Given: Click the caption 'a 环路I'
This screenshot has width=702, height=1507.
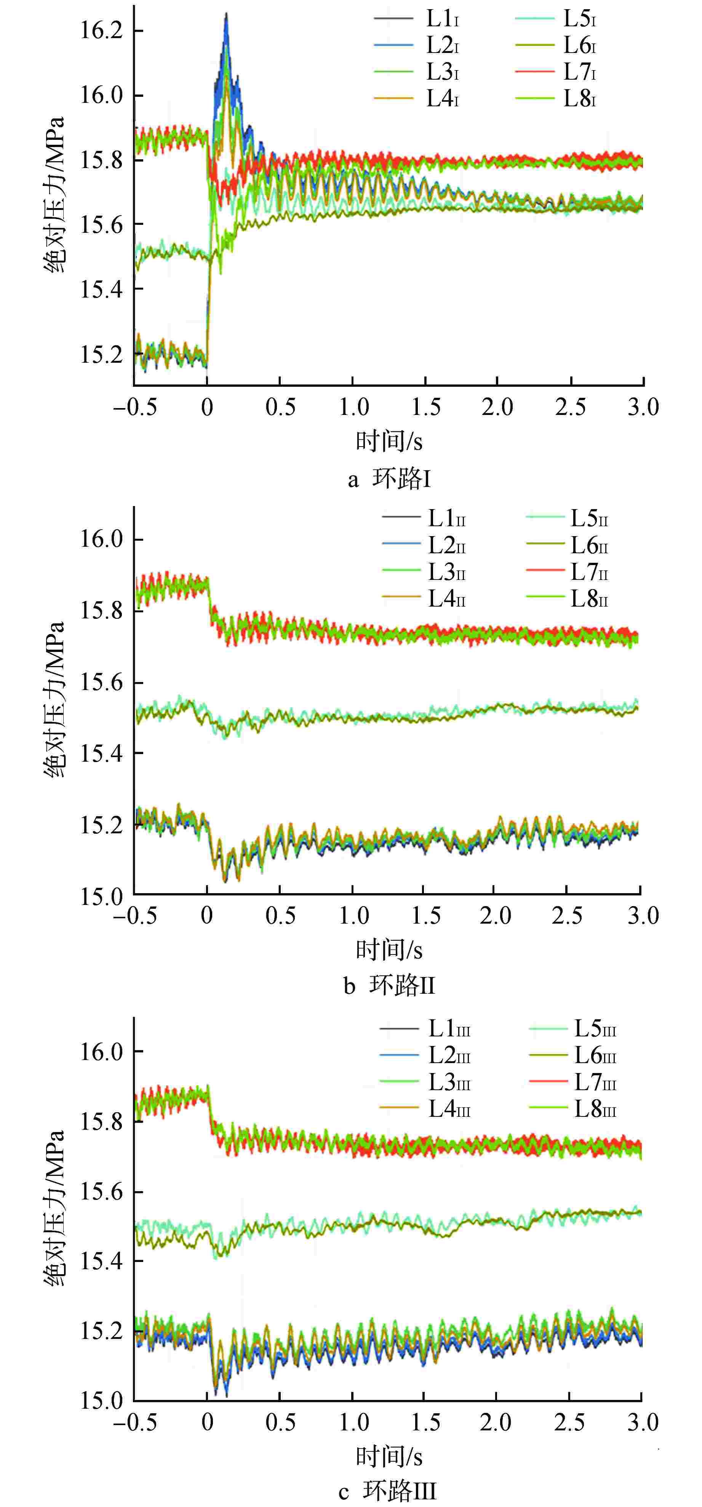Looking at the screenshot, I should click(x=389, y=479).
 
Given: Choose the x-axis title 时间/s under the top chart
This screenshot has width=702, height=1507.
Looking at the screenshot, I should click(x=389, y=440).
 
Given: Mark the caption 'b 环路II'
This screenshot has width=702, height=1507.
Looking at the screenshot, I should click(x=389, y=986).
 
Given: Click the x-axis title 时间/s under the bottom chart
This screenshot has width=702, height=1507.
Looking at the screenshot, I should click(x=389, y=1456).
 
